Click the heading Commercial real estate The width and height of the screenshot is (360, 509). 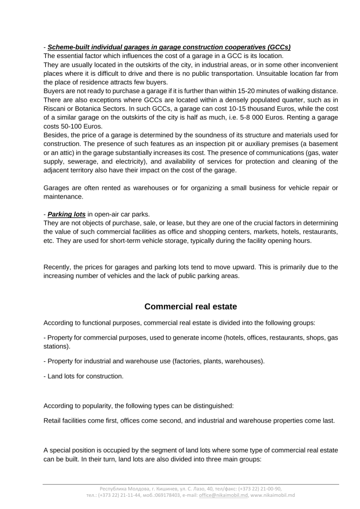(190, 306)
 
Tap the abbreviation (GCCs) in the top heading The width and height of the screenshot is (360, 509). (277, 47)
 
